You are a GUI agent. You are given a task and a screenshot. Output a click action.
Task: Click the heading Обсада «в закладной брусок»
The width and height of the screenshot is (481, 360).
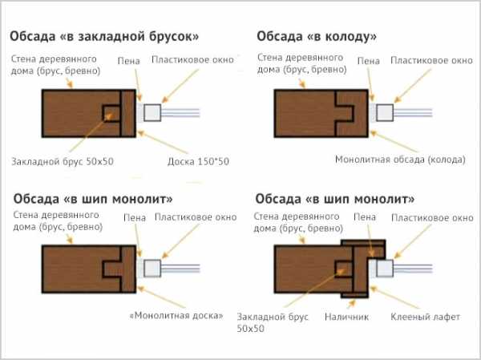[104, 37]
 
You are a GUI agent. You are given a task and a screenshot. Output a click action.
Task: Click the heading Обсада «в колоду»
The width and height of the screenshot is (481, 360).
[317, 37]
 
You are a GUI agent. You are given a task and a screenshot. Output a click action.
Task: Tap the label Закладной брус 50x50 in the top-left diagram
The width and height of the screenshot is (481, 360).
[63, 161]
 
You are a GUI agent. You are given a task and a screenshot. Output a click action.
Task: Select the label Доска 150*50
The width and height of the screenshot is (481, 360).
[198, 161]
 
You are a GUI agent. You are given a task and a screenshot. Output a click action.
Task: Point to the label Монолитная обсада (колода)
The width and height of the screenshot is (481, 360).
[400, 160]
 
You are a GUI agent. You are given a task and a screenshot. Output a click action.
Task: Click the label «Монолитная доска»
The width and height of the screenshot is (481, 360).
[176, 315]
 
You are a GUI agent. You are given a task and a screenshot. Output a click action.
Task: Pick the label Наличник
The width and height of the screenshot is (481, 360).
[346, 317]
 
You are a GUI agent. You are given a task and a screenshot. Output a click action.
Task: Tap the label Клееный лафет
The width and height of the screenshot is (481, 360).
[425, 317]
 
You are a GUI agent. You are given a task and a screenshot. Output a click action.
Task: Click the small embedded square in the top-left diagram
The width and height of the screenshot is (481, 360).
[111, 113]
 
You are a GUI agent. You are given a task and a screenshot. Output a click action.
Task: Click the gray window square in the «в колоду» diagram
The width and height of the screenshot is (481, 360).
[385, 112]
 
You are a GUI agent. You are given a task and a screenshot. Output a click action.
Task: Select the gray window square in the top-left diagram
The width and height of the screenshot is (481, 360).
[152, 112]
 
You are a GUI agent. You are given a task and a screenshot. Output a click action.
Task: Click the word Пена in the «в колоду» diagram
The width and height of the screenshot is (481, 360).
[369, 61]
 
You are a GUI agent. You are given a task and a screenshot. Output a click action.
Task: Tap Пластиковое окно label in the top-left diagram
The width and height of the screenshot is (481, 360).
[192, 59]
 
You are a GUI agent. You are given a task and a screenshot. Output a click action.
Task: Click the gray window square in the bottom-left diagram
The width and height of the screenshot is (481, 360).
[152, 269]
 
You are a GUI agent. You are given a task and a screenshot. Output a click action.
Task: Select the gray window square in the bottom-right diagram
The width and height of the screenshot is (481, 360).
[385, 269]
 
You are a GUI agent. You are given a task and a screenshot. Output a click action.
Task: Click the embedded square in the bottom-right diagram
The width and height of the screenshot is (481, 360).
[343, 269]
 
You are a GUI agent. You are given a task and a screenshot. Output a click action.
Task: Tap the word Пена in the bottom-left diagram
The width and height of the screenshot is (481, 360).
[135, 217]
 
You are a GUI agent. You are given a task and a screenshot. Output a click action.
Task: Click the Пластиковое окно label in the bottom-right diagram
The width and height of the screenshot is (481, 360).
[432, 218]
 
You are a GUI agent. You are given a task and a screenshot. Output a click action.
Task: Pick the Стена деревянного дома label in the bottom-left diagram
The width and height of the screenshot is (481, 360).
[58, 221]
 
